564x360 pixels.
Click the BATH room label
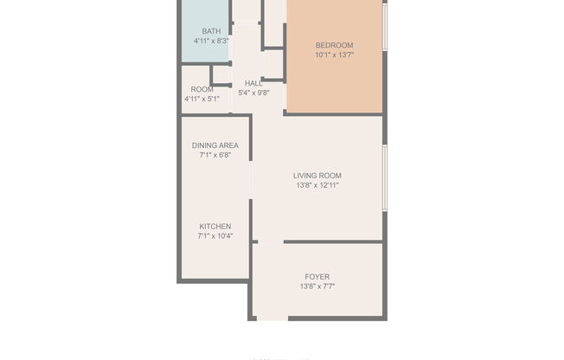[x=211, y=31]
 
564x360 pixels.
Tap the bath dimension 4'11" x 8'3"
[x=211, y=41]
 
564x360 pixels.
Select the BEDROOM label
[x=334, y=45]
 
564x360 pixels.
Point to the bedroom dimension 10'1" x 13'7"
[x=334, y=55]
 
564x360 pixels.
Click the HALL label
[x=253, y=83]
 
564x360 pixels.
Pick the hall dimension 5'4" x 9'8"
[x=253, y=93]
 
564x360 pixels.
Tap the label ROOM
[x=202, y=89]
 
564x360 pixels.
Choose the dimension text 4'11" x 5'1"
[x=202, y=99]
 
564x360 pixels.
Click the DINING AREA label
[x=215, y=145]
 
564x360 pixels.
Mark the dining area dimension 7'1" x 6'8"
[x=215, y=155]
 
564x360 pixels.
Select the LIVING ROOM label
[x=317, y=175]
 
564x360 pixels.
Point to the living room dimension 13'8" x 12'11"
[x=317, y=184]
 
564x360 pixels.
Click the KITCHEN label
[x=215, y=226]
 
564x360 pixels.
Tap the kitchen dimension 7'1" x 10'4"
[x=215, y=235]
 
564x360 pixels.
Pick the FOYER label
[x=317, y=277]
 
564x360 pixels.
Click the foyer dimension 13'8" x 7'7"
[x=317, y=286]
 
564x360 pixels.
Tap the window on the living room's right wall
[x=384, y=177]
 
